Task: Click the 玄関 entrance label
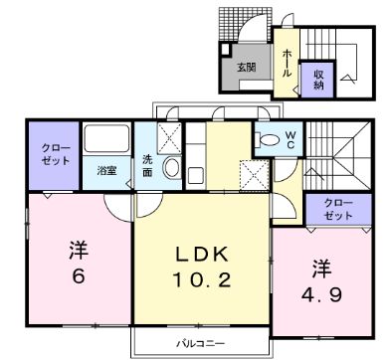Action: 247,68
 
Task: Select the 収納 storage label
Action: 318,78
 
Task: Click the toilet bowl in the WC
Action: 267,140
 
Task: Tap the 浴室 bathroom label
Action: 106,170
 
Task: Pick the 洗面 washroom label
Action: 147,166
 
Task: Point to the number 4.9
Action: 322,295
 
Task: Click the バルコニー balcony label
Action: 197,343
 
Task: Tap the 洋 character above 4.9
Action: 321,267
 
